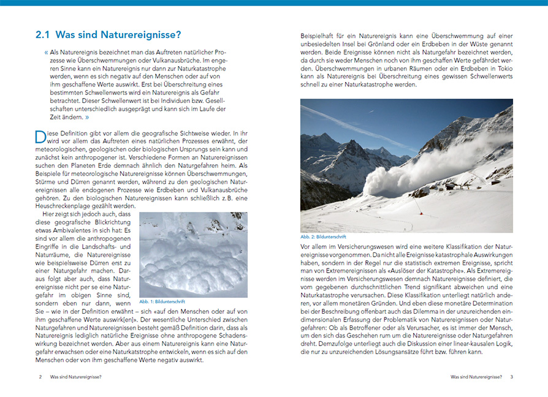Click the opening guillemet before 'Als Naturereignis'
(x=47, y=52)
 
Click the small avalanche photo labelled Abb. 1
(x=193, y=254)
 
